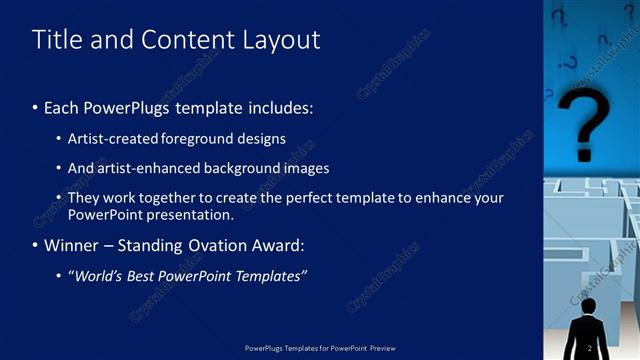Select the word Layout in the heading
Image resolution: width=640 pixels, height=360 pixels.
(281, 40)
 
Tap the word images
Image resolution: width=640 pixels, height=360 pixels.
(307, 168)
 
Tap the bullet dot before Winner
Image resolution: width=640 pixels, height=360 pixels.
(36, 245)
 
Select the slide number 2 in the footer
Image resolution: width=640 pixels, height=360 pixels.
(590, 347)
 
